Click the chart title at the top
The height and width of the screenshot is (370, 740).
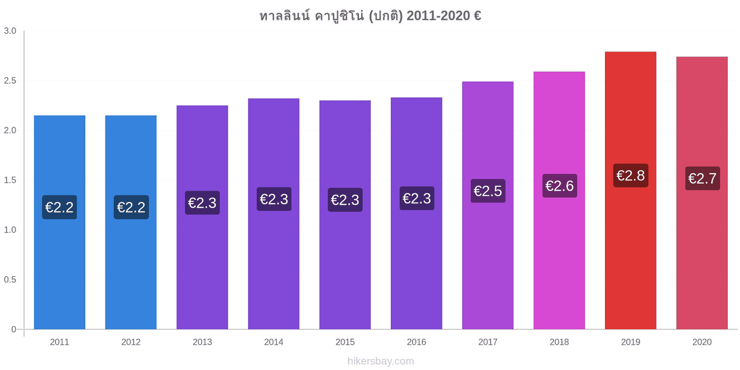(370, 16)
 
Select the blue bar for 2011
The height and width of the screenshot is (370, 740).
(60, 222)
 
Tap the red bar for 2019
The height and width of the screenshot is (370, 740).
(631, 191)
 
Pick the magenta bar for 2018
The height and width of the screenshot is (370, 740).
(559, 201)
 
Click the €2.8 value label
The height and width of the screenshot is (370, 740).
(631, 175)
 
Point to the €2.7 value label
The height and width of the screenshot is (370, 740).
(703, 179)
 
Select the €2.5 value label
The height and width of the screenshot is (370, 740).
(488, 191)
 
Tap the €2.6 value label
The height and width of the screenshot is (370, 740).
(560, 185)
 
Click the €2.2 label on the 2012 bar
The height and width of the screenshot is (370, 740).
(131, 207)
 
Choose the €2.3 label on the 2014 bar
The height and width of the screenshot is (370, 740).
(274, 199)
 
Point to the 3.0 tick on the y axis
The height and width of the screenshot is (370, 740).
(10, 31)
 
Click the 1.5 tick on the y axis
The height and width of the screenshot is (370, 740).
(10, 180)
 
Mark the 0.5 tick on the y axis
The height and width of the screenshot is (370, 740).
(10, 279)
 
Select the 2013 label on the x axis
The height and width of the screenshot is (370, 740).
(202, 342)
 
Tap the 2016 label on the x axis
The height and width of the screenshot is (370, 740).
(416, 342)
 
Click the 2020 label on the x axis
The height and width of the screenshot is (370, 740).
(702, 342)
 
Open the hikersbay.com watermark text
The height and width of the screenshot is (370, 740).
(381, 361)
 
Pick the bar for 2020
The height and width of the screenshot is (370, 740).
(702, 193)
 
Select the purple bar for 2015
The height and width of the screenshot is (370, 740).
(345, 215)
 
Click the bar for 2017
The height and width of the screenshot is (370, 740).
(488, 205)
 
